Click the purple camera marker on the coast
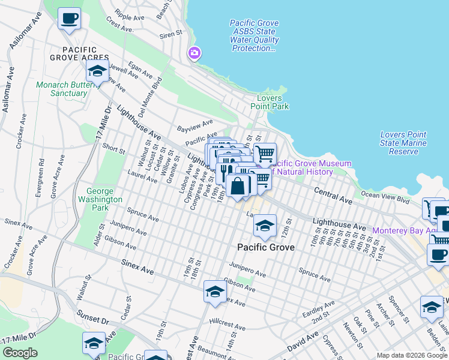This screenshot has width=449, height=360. point(194,53)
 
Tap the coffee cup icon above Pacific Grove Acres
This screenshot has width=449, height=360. point(69,18)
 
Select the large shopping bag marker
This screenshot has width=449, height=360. point(238,186)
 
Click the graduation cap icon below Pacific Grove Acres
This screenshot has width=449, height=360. point(97,71)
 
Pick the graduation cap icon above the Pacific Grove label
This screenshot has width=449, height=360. point(264,226)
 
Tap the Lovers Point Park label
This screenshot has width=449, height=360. point(273,102)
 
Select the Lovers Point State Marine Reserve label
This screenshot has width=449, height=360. point(403,143)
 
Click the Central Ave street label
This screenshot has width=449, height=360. point(333,195)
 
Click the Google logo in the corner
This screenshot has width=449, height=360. point(20,353)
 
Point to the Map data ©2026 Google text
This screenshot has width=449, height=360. point(411,355)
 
